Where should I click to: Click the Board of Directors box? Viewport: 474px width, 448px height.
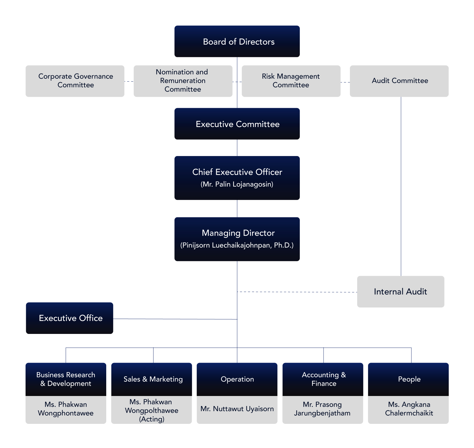point(237,41)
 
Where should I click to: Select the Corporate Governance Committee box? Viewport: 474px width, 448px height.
point(75,81)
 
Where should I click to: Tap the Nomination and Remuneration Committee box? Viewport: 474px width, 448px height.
point(183,81)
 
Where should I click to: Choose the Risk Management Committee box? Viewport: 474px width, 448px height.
point(291,81)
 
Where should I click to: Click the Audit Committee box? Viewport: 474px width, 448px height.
point(399,81)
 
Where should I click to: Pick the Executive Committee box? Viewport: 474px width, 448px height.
point(237,124)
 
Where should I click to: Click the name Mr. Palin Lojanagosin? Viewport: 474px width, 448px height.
point(237,184)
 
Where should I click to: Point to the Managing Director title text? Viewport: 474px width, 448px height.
point(238,233)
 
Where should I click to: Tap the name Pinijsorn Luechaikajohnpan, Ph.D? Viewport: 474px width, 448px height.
point(237,245)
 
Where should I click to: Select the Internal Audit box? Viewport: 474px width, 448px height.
point(401,292)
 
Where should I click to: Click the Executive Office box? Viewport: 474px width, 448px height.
point(69,318)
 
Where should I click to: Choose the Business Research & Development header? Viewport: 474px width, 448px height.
point(66,379)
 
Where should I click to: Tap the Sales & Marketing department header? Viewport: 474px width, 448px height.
point(152,379)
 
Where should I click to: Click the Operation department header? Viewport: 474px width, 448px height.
point(237,379)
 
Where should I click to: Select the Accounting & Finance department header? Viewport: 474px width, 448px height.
point(323,379)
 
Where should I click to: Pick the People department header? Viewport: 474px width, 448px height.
point(408,379)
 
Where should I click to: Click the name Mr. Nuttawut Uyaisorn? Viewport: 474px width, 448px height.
point(237,409)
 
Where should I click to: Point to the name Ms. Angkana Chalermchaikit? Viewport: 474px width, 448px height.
point(409,409)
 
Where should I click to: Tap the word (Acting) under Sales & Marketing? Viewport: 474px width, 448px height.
point(152,419)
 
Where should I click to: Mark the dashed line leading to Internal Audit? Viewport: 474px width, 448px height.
point(297,292)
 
